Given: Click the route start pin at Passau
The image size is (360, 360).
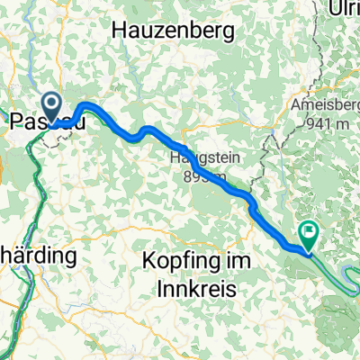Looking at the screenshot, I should click(x=52, y=106).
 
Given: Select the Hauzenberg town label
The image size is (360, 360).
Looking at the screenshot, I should click(x=174, y=31).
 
